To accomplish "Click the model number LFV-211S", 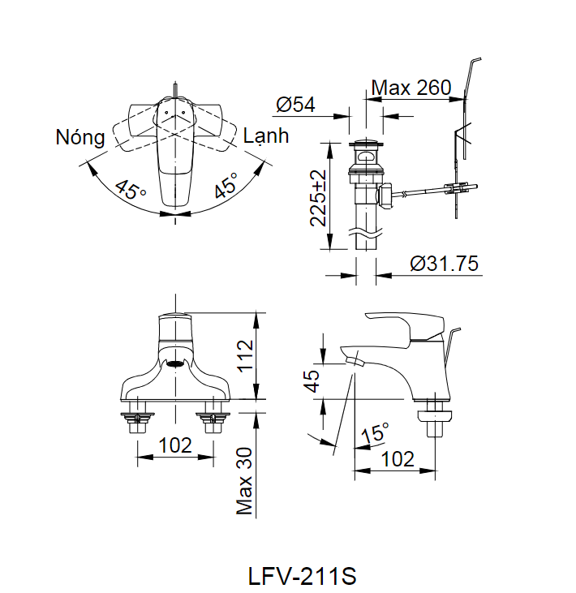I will pyautogui.click(x=302, y=577).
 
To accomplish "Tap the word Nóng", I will pyautogui.click(x=80, y=137).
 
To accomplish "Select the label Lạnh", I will pyautogui.click(x=266, y=135).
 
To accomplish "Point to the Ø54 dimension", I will pyautogui.click(x=295, y=105).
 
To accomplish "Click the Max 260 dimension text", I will pyautogui.click(x=411, y=88).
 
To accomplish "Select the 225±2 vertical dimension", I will pyautogui.click(x=318, y=197).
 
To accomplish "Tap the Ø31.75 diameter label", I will pyautogui.click(x=444, y=264).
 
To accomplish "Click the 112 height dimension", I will pyautogui.click(x=245, y=355).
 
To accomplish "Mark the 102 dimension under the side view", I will pyautogui.click(x=397, y=458).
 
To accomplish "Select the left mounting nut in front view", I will pyautogui.click(x=136, y=421).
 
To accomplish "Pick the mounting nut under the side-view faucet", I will pyautogui.click(x=434, y=422).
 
